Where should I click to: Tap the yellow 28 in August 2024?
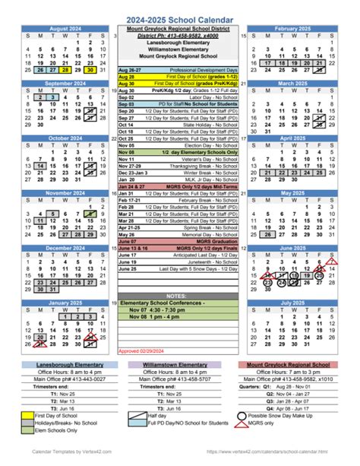click(66, 69)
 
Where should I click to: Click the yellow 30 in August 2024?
click(91, 69)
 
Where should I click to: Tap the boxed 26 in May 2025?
click(267, 234)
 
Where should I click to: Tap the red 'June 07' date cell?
click(128, 241)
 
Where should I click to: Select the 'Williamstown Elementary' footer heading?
click(179, 364)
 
